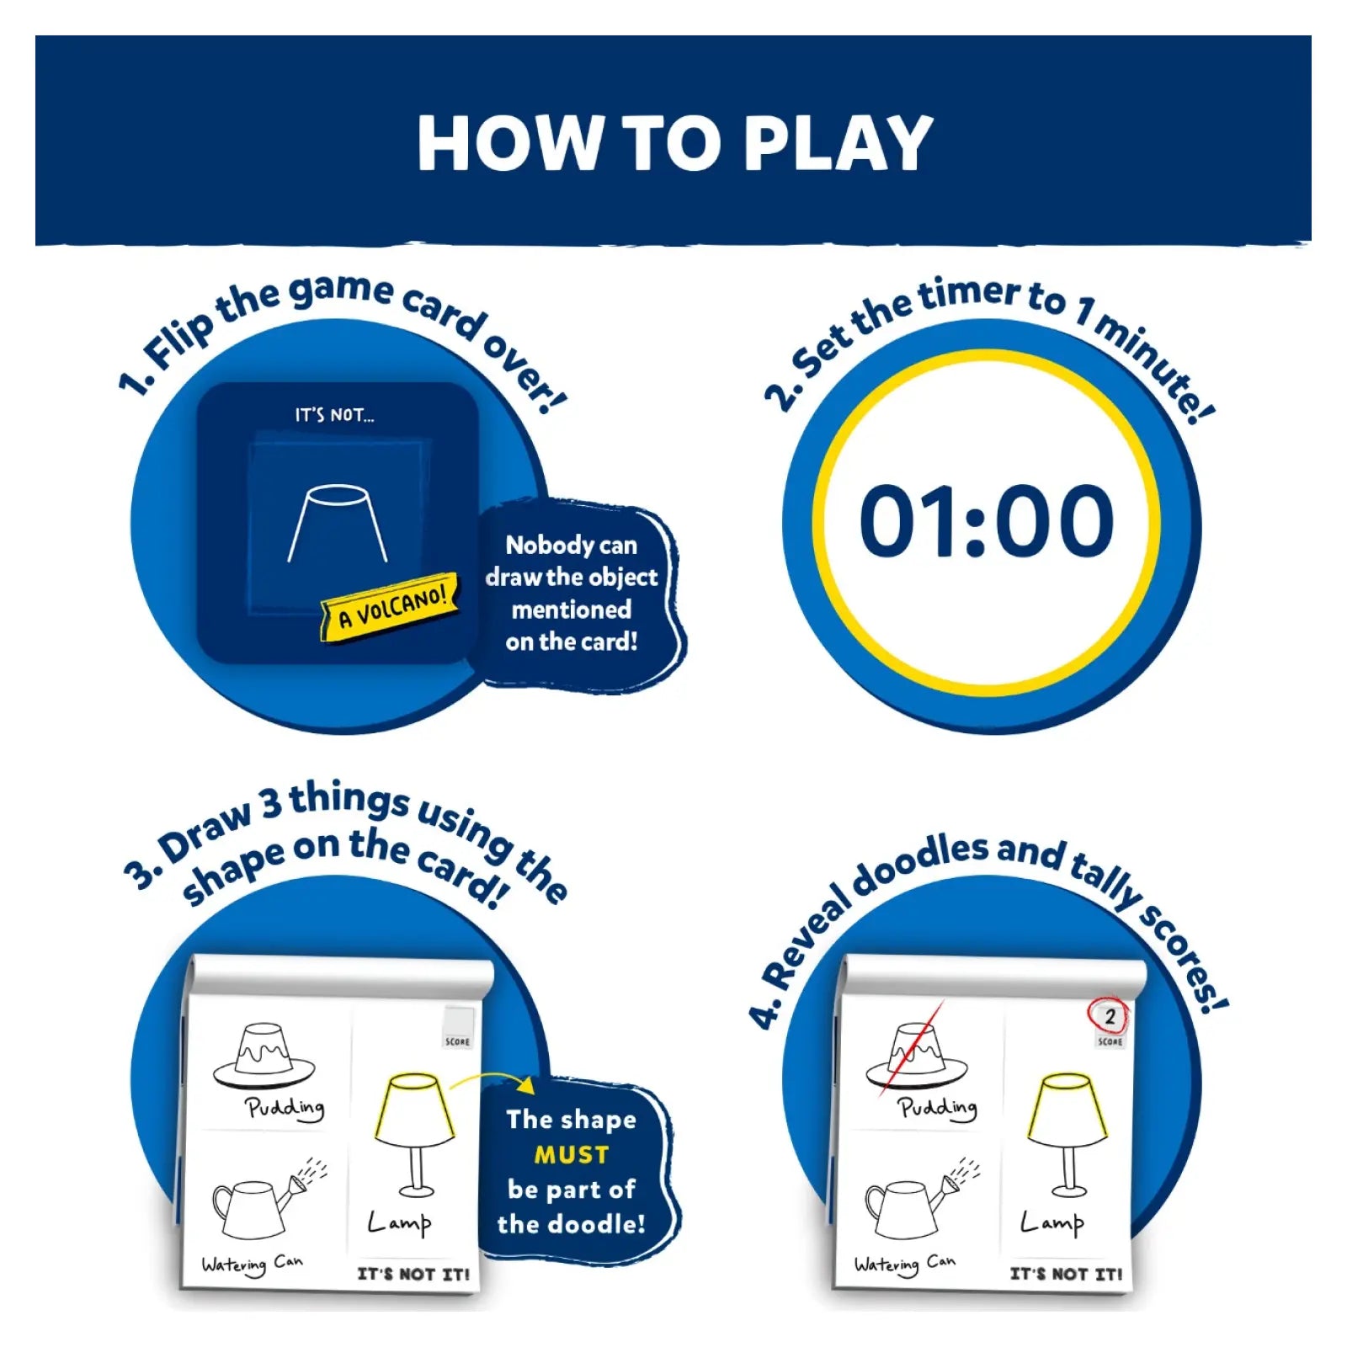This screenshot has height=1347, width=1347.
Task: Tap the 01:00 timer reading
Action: tap(987, 521)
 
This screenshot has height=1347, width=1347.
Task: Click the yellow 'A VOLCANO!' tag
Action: tap(391, 606)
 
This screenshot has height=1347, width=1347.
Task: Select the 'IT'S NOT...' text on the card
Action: tap(334, 415)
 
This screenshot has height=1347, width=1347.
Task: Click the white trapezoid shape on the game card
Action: tap(338, 523)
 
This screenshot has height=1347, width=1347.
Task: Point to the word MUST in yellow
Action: tap(572, 1154)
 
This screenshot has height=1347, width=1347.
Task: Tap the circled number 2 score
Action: tap(1109, 1017)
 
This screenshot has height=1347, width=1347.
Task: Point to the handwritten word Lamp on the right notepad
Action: tap(1052, 1222)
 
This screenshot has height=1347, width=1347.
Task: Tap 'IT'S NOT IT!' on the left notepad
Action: tap(413, 1274)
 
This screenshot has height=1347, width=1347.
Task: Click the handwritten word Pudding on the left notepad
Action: tap(285, 1108)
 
